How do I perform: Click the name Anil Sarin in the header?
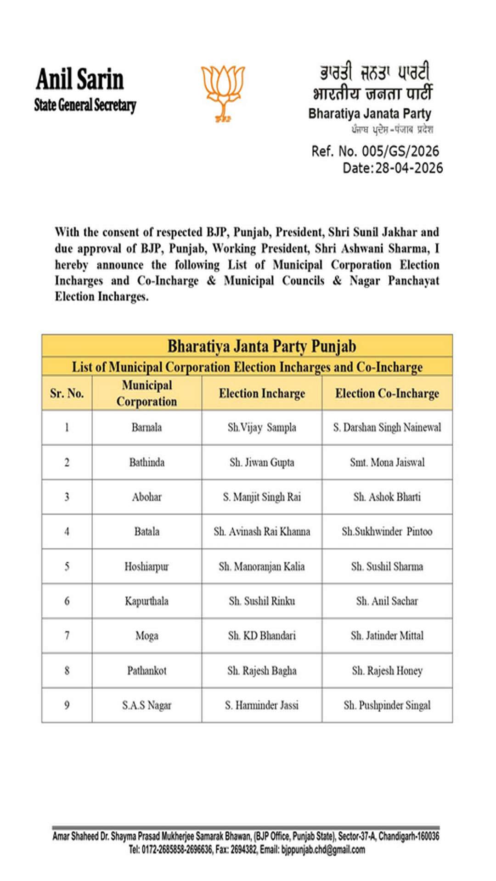click(x=80, y=79)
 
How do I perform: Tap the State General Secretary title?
click(x=85, y=105)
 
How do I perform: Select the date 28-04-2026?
click(x=409, y=168)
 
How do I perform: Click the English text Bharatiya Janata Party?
click(x=370, y=113)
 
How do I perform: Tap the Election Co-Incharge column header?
click(x=387, y=393)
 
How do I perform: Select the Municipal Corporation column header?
click(x=147, y=393)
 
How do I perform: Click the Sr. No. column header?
click(x=67, y=393)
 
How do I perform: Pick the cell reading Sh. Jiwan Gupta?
click(x=262, y=462)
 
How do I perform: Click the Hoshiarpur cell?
click(x=147, y=566)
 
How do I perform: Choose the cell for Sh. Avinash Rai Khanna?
click(x=262, y=531)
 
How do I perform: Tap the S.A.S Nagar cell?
click(x=147, y=705)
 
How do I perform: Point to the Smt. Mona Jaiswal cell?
click(x=387, y=462)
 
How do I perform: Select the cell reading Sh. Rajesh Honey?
click(x=387, y=670)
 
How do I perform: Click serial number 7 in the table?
click(x=67, y=636)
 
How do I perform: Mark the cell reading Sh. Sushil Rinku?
click(x=262, y=601)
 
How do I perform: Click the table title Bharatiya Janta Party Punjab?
click(x=261, y=346)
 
